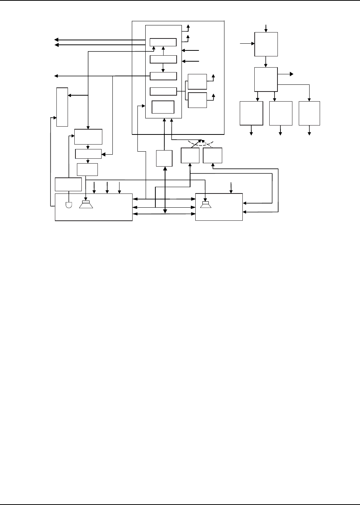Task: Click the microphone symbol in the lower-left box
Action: [x=69, y=205]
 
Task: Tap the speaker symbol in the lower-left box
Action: [x=86, y=204]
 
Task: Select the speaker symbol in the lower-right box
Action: [x=205, y=205]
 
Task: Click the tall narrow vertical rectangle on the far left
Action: [x=62, y=107]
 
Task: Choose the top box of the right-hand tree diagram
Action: [x=266, y=44]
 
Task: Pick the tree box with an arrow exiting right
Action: [x=266, y=79]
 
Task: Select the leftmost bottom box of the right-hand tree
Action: [x=251, y=113]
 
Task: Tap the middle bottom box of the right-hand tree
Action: [x=280, y=113]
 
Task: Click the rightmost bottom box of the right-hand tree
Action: [x=309, y=113]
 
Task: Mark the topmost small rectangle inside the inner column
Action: [x=163, y=42]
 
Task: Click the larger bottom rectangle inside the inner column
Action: [x=163, y=107]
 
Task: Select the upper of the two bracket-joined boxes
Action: [x=197, y=82]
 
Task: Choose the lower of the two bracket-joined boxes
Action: [x=197, y=100]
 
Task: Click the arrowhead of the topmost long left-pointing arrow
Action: [x=56, y=40]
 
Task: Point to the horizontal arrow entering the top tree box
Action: [x=246, y=44]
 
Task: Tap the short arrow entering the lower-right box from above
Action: [x=232, y=187]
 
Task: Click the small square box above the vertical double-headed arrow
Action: [x=164, y=158]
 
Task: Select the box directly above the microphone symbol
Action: [x=68, y=184]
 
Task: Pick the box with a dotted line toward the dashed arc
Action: [x=212, y=155]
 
